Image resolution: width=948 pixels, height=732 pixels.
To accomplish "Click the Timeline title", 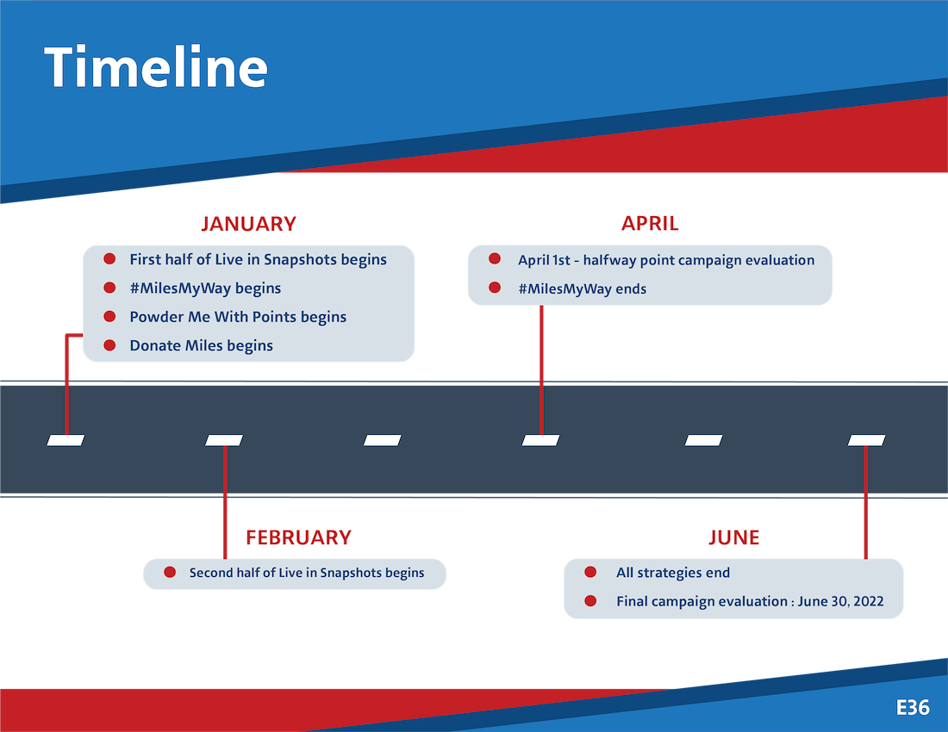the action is (x=156, y=67).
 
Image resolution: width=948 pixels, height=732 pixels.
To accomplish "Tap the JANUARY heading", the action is (x=248, y=224).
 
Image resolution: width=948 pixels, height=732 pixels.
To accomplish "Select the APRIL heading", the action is (x=650, y=223).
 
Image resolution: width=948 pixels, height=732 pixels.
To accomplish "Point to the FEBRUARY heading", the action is (x=299, y=537).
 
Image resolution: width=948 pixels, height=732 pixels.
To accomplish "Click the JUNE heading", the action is (x=734, y=537).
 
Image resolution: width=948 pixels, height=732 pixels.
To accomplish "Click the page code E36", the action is (x=913, y=707).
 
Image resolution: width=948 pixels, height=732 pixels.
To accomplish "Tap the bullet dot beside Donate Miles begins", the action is (x=109, y=344).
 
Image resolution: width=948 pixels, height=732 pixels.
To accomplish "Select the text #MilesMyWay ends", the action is (x=583, y=289).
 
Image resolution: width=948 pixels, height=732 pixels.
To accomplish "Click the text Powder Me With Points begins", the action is (x=238, y=317).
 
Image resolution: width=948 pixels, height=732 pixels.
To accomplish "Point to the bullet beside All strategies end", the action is (x=590, y=572).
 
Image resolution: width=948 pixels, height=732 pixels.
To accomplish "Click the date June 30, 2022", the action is (x=840, y=602).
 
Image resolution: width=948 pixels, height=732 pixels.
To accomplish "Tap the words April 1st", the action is (x=544, y=260).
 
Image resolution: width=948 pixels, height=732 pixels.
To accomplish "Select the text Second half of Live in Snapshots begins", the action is (x=307, y=573).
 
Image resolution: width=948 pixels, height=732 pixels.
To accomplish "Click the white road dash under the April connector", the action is (x=540, y=440).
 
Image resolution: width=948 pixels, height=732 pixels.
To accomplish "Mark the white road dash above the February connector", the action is (x=224, y=440).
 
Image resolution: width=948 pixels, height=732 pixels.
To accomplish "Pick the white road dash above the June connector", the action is (x=866, y=440).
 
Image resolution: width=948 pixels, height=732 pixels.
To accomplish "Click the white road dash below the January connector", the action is (x=65, y=440).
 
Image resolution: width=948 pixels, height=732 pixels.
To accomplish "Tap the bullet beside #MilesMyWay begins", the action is (x=109, y=288).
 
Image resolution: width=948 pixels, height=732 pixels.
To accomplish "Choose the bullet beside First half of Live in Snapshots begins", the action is (x=109, y=258).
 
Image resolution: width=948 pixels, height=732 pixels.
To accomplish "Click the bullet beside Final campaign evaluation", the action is (x=590, y=601).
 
